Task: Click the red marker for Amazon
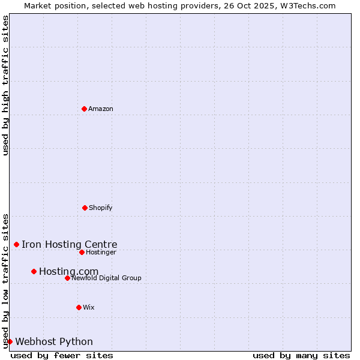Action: (84, 109)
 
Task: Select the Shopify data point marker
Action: (85, 208)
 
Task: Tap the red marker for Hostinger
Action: (82, 252)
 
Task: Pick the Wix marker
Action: (79, 307)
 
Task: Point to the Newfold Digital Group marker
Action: (67, 278)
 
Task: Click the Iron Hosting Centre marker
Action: (16, 244)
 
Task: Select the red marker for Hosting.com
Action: (34, 271)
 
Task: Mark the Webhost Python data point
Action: (10, 341)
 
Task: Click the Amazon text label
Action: (101, 109)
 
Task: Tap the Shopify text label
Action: (101, 208)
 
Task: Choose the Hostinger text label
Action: (101, 253)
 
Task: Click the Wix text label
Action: (89, 308)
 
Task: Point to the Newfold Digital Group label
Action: (107, 278)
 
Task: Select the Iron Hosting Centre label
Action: (70, 245)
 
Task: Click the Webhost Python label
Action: (54, 342)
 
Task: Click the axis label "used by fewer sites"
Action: (62, 355)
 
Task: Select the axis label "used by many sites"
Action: (301, 355)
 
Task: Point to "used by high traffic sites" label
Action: (6, 85)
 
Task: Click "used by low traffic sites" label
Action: (6, 281)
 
